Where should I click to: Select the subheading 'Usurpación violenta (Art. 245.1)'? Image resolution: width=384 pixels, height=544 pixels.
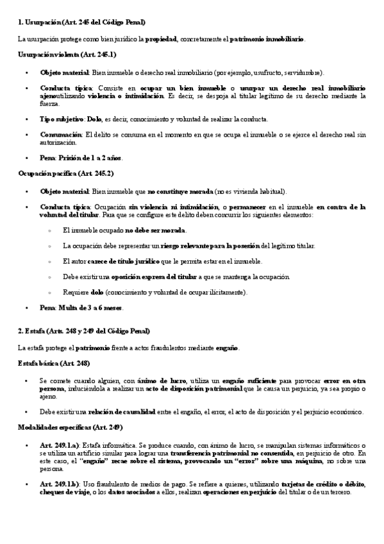point(67,56)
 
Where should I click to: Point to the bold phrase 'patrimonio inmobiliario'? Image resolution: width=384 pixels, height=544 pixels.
point(267,39)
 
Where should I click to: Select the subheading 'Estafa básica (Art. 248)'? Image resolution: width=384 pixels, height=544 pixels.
point(54,363)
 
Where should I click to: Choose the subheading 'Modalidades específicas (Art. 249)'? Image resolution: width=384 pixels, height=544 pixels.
point(71,427)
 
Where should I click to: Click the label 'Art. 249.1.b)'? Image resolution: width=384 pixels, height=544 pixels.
point(59,482)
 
